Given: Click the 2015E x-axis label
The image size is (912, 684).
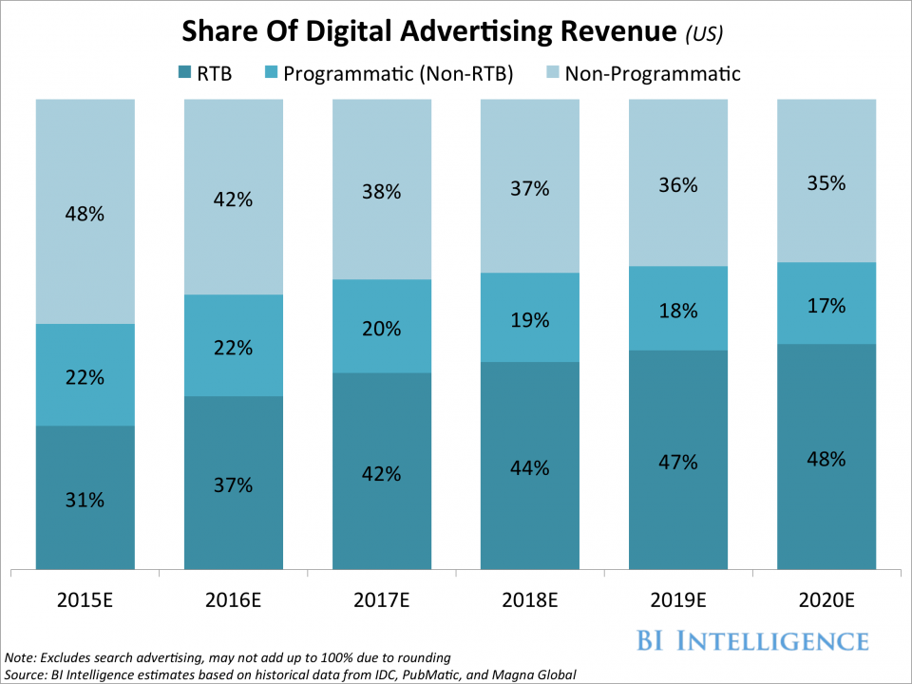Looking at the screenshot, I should point(85,600).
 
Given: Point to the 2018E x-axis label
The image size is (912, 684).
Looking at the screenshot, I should point(529,600).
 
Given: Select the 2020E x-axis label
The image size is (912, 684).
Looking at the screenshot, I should point(826,600).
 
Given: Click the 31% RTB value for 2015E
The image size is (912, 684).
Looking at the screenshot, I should point(85,500).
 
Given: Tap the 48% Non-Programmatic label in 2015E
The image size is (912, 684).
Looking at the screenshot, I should point(85,214).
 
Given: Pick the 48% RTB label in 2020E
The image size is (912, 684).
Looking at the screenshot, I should point(826,459).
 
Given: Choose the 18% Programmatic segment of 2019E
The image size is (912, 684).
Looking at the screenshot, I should point(677,309).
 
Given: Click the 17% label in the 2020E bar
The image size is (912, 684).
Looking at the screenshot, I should point(826,306).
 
